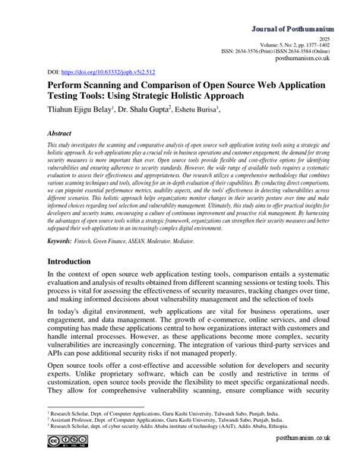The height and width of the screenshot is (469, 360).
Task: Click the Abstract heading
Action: tap(44, 132)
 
